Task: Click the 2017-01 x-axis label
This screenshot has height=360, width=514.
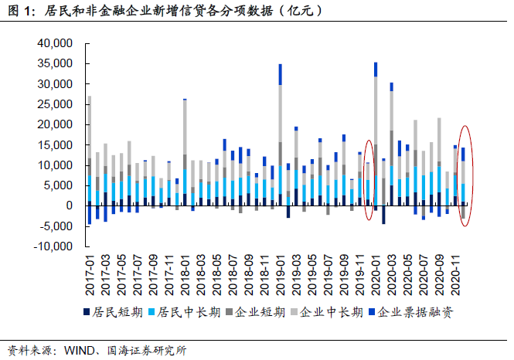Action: coord(90,277)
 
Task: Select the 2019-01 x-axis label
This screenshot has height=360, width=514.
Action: coord(280,277)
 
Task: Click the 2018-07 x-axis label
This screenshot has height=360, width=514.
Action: coord(233,277)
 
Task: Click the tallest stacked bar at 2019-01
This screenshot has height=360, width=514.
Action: coord(280,139)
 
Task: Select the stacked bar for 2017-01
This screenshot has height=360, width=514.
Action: coord(90,155)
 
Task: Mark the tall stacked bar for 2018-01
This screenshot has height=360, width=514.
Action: coord(185,155)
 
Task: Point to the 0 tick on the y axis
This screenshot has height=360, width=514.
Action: coord(68,205)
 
